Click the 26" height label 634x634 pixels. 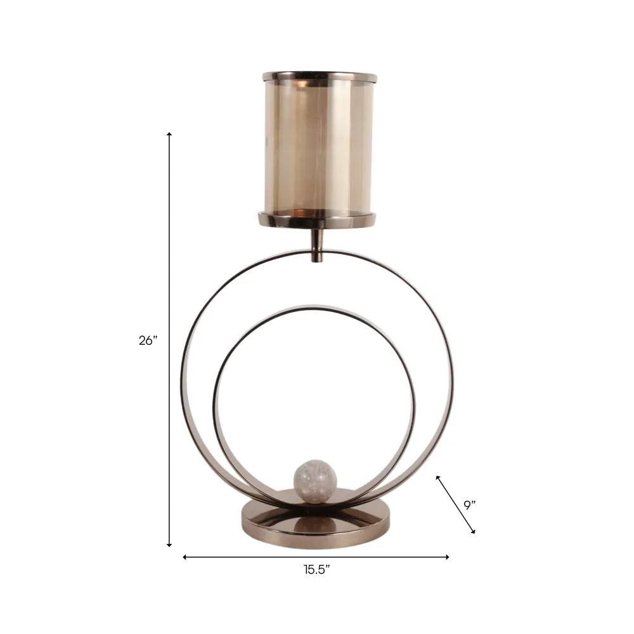[148, 340]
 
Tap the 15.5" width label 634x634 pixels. [316, 570]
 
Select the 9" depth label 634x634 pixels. [469, 505]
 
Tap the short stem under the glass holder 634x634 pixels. [317, 245]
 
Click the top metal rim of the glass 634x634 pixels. [320, 77]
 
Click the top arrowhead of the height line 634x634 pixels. [169, 133]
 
